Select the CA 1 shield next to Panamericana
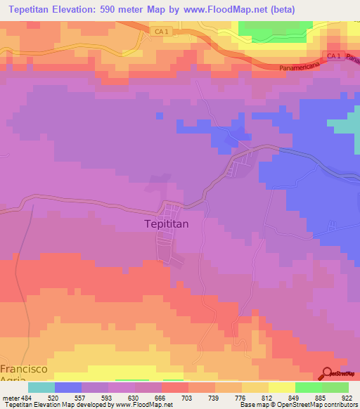(334, 56)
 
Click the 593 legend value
(108, 397)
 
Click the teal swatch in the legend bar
(41, 387)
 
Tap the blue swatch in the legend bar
(68, 387)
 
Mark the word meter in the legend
(9, 397)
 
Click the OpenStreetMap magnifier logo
(327, 375)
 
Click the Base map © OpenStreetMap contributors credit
(297, 405)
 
